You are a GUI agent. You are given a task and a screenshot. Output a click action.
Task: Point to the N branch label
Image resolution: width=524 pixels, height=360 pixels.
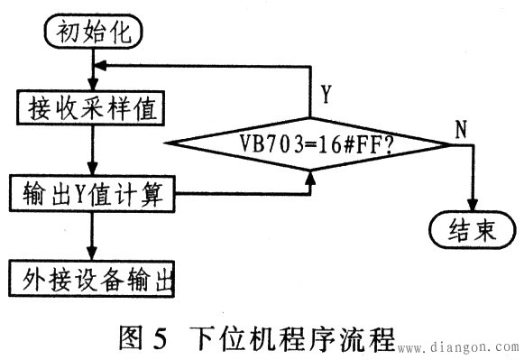461,130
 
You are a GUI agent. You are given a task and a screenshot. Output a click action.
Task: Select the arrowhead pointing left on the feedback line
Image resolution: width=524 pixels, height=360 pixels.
101,66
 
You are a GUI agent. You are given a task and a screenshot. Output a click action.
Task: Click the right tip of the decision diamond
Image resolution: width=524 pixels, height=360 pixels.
448,143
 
